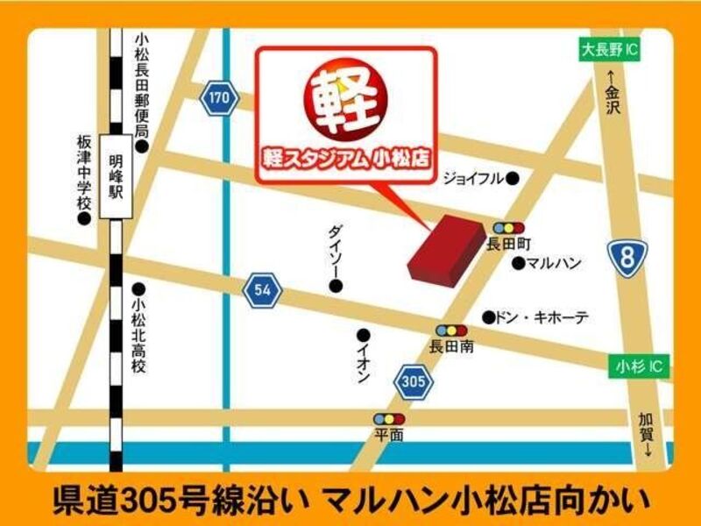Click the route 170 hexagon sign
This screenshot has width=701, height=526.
pos(218,97)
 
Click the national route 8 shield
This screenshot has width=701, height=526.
pos(628,259)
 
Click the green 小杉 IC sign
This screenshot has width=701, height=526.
pos(639,367)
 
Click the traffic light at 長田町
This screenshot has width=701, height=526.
pos(508,228)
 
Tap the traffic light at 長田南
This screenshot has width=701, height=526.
pos(451,331)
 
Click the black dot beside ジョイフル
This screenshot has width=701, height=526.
pos(513,179)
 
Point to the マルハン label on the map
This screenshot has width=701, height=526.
pos(556,263)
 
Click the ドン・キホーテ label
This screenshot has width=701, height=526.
pos(541,317)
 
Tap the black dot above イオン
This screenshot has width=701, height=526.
pos(363,335)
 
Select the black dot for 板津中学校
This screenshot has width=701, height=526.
pos(84,219)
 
